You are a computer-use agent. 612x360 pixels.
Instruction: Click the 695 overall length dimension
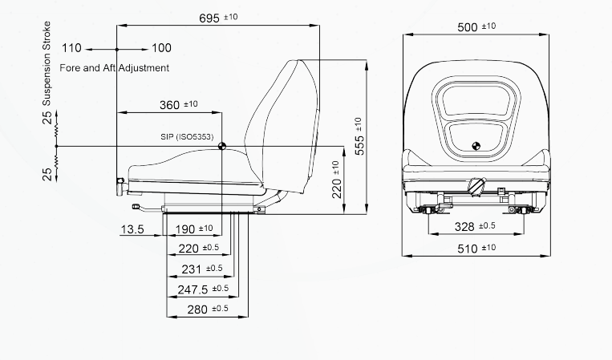pyautogui.click(x=209, y=18)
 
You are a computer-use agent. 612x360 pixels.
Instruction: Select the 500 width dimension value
pyautogui.click(x=467, y=27)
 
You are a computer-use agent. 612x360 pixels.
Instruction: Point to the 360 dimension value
pyautogui.click(x=169, y=105)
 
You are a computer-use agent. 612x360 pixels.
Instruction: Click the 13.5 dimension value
pyautogui.click(x=132, y=229)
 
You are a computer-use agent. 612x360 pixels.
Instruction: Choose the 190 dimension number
pyautogui.click(x=185, y=229)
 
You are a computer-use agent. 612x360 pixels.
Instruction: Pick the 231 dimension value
pyautogui.click(x=191, y=269)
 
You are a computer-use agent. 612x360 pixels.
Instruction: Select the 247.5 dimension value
pyautogui.click(x=193, y=289)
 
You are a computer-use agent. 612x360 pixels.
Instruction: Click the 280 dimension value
pyautogui.click(x=197, y=309)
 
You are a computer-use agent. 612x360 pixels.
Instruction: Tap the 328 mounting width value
pyautogui.click(x=464, y=227)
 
